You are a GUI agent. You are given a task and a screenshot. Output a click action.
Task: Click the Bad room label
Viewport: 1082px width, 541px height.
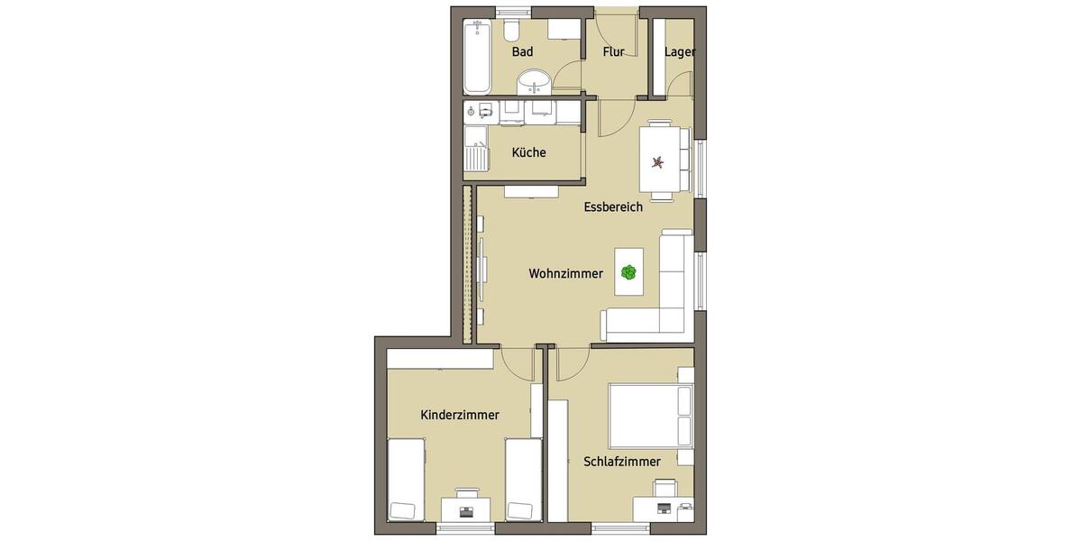[x=522, y=52]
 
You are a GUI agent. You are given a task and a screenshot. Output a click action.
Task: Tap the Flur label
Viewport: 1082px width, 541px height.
[x=614, y=52]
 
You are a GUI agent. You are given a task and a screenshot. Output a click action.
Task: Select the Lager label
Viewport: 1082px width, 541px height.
[x=679, y=52]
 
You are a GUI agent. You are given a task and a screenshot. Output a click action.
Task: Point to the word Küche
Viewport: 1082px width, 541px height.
[x=528, y=153]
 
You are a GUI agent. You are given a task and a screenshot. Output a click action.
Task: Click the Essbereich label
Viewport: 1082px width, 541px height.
[x=613, y=207]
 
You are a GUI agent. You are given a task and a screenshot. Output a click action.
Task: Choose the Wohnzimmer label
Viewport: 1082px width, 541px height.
[x=565, y=274]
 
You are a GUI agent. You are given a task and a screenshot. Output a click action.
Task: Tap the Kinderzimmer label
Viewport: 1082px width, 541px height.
[x=460, y=415]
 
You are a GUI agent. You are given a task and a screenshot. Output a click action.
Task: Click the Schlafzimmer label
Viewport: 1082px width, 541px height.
[x=622, y=462]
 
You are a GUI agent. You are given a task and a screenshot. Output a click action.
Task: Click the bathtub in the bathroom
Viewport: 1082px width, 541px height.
[x=478, y=57]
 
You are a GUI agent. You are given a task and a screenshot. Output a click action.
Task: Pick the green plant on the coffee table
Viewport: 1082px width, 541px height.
[x=628, y=271]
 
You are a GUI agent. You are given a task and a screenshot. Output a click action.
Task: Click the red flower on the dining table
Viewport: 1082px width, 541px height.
[x=659, y=162]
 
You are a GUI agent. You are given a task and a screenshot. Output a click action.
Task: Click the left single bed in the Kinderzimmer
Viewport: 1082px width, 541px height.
[x=405, y=480]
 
